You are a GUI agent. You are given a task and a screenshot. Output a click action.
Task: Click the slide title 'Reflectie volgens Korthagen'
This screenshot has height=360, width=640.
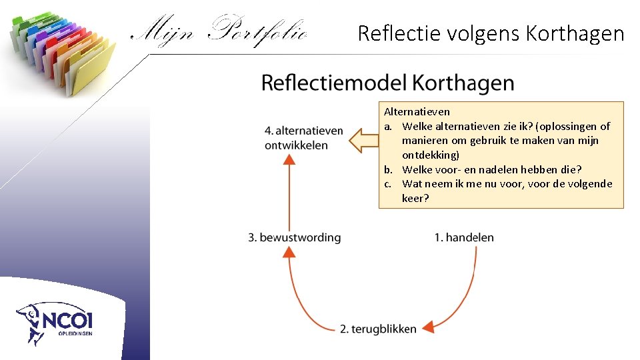[491, 33]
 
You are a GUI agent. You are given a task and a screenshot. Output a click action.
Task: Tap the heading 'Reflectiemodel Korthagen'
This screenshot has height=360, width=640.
[387, 83]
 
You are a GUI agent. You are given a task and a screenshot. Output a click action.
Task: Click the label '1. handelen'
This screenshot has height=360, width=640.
[464, 237]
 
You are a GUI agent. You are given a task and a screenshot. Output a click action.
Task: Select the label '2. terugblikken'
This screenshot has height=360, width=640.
[378, 329]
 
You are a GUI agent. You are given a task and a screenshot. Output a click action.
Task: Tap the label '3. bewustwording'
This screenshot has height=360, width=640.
[294, 237]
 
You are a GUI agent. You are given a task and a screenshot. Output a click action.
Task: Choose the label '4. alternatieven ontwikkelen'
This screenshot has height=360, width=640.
[303, 138]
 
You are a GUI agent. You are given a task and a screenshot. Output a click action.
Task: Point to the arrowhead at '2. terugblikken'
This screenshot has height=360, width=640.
[429, 326]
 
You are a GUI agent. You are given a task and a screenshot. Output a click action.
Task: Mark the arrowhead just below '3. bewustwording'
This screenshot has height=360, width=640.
[289, 251]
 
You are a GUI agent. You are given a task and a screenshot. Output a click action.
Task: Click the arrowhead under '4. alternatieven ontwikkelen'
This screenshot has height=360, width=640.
[289, 159]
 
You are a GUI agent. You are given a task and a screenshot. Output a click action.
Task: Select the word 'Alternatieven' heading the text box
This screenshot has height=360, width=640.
[417, 112]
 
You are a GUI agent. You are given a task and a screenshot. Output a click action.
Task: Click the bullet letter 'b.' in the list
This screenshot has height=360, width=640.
[388, 169]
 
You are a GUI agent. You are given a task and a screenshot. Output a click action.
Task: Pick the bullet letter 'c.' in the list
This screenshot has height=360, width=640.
[387, 184]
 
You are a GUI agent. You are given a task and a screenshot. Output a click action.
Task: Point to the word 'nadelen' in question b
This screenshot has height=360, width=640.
[487, 169]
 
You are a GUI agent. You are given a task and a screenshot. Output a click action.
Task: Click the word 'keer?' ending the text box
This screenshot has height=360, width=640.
[415, 198]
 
